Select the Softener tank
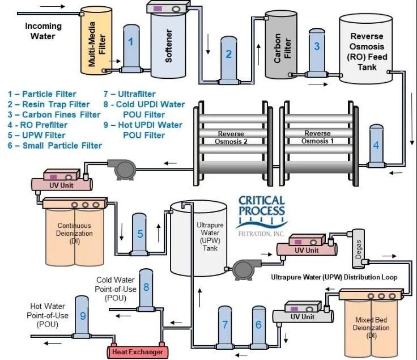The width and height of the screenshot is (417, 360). [x=168, y=45]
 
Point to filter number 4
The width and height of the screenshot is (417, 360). [x=376, y=145]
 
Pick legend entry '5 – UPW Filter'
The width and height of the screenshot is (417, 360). [x=37, y=135]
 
